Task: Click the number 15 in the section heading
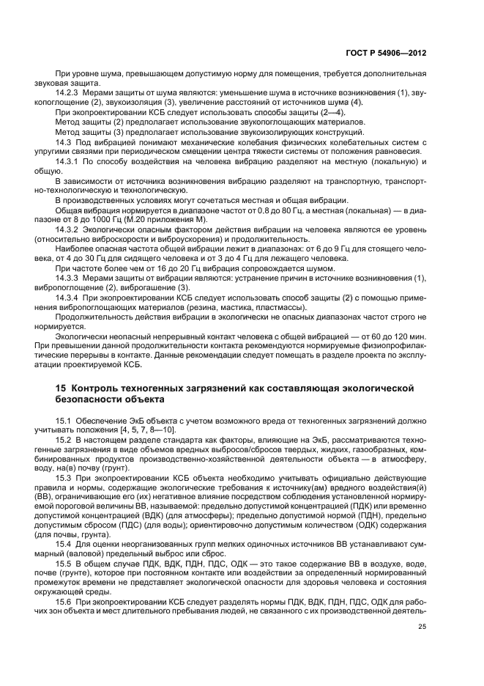click(62, 387)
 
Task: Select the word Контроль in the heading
click(101, 387)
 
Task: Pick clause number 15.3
click(64, 476)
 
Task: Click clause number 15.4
click(64, 542)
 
